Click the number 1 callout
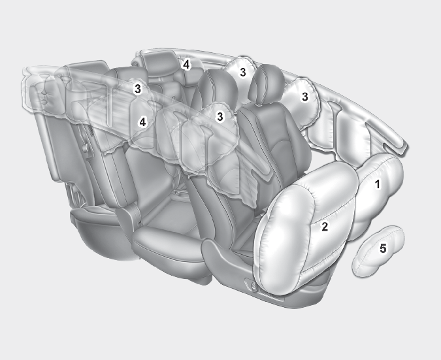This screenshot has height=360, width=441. click(378, 184)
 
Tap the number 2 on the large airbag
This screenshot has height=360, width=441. click(325, 227)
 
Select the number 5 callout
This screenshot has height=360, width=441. click(383, 248)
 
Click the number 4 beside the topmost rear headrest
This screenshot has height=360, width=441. click(186, 65)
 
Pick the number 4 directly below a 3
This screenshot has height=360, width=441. click(143, 122)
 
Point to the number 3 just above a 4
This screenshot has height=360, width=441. click(138, 89)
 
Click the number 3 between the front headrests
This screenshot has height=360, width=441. click(243, 73)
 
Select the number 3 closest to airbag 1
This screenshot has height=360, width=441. click(305, 97)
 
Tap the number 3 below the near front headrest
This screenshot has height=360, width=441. click(220, 116)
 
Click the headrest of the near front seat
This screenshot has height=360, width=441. click(217, 87)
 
